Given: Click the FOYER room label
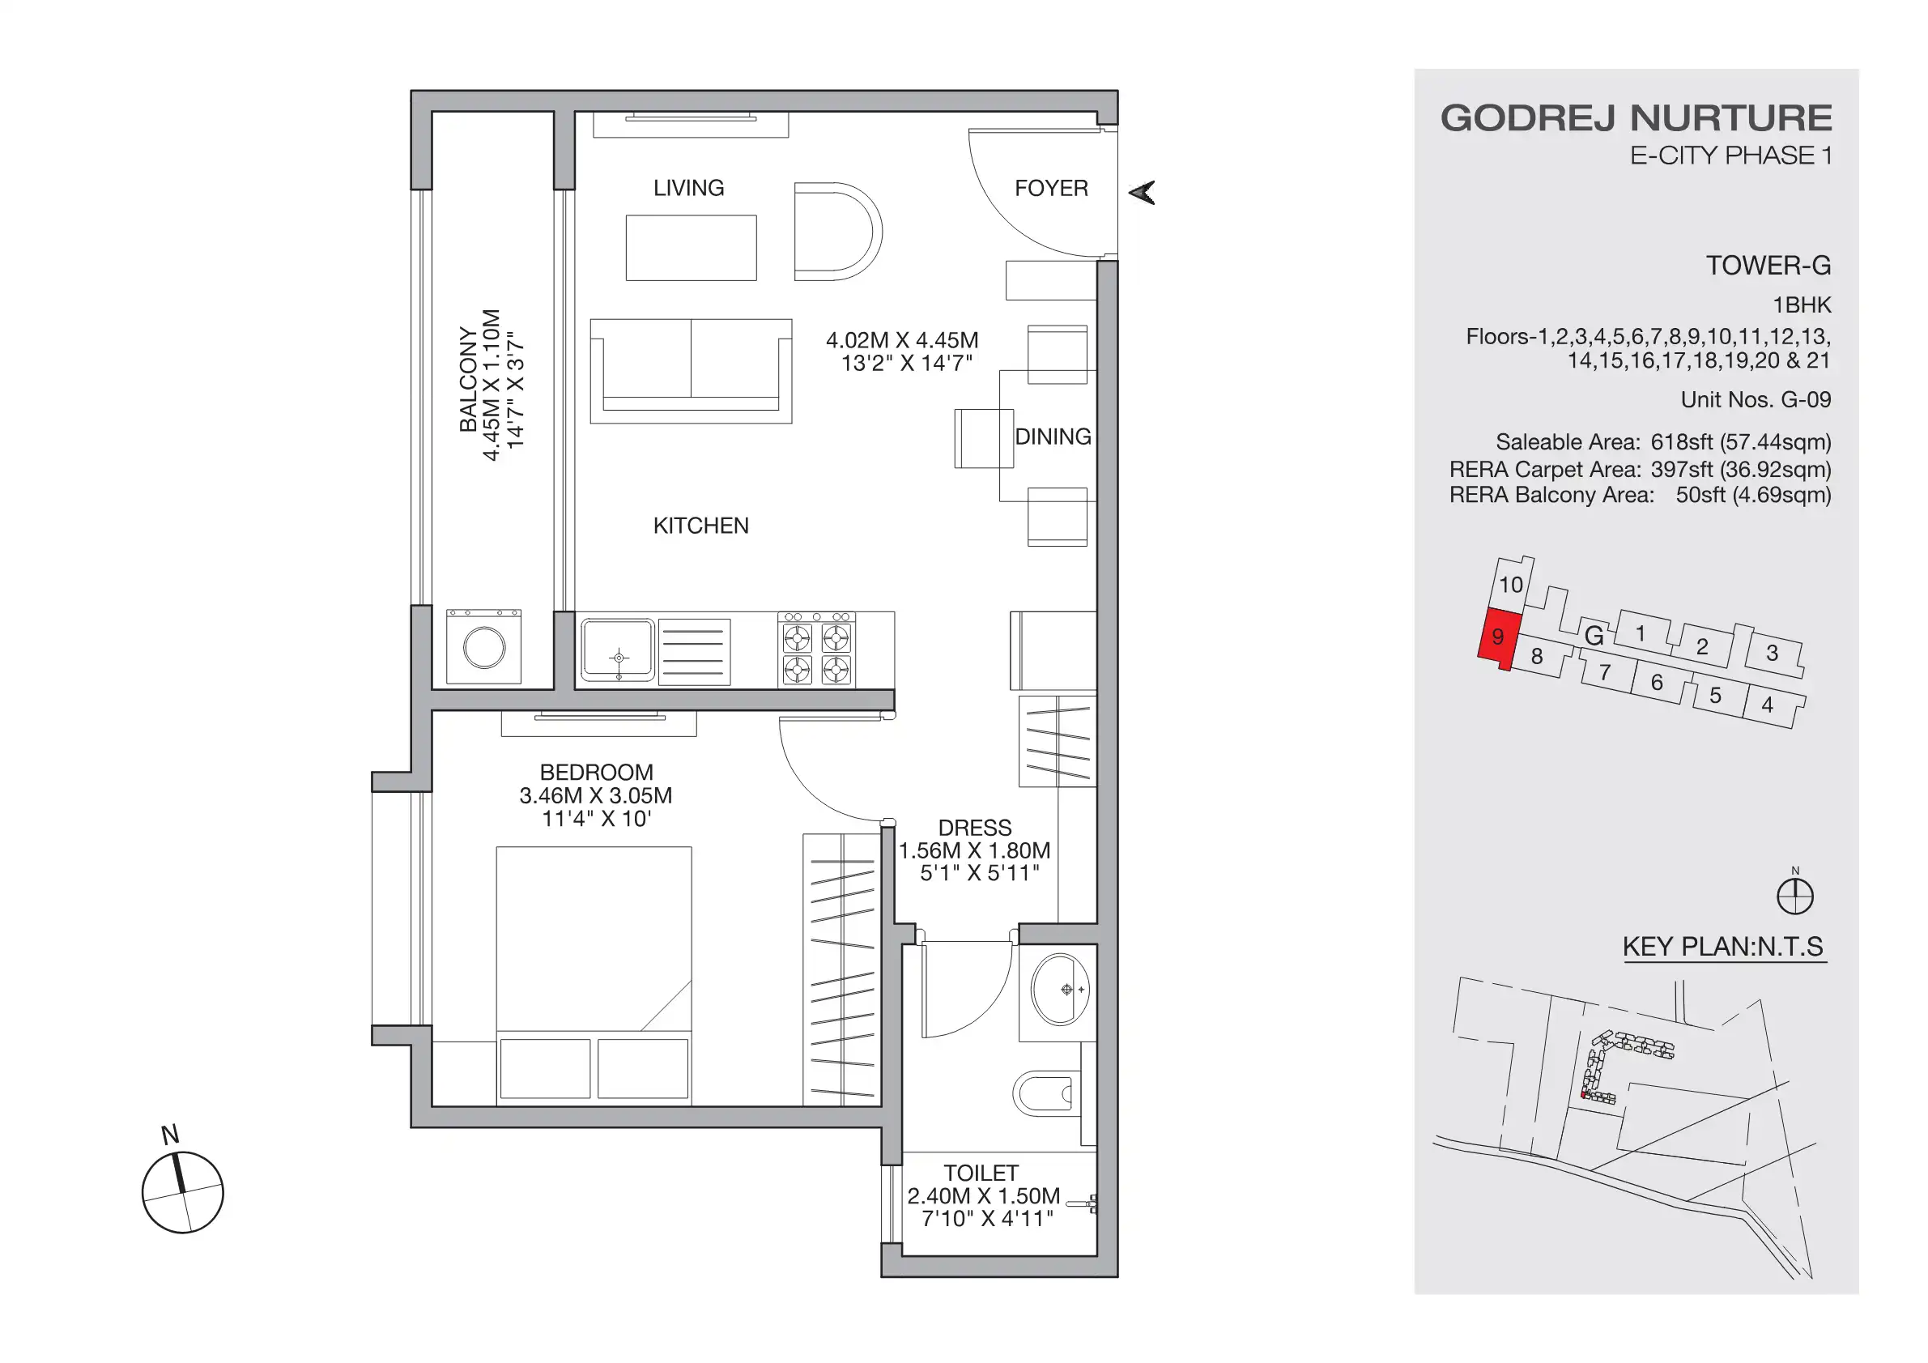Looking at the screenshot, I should click(1050, 188).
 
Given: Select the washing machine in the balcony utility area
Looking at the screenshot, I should click(483, 648).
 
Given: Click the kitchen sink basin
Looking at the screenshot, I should click(618, 650).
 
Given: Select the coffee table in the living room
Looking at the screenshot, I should click(691, 248).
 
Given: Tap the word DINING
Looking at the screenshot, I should click(1052, 437).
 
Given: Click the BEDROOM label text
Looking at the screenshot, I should click(596, 772).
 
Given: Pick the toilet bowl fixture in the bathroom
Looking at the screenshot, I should click(1046, 1093).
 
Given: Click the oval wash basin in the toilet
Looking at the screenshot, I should click(1060, 990).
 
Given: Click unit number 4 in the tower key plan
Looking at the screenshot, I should click(1767, 705).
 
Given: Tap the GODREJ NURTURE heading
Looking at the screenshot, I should click(1636, 118).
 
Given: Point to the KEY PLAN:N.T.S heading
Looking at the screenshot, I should click(1722, 947).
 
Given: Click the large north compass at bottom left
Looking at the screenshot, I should click(182, 1191).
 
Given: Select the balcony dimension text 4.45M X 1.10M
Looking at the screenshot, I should click(492, 385).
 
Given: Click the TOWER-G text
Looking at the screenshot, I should click(1768, 266).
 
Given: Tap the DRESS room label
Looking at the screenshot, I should click(974, 827).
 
